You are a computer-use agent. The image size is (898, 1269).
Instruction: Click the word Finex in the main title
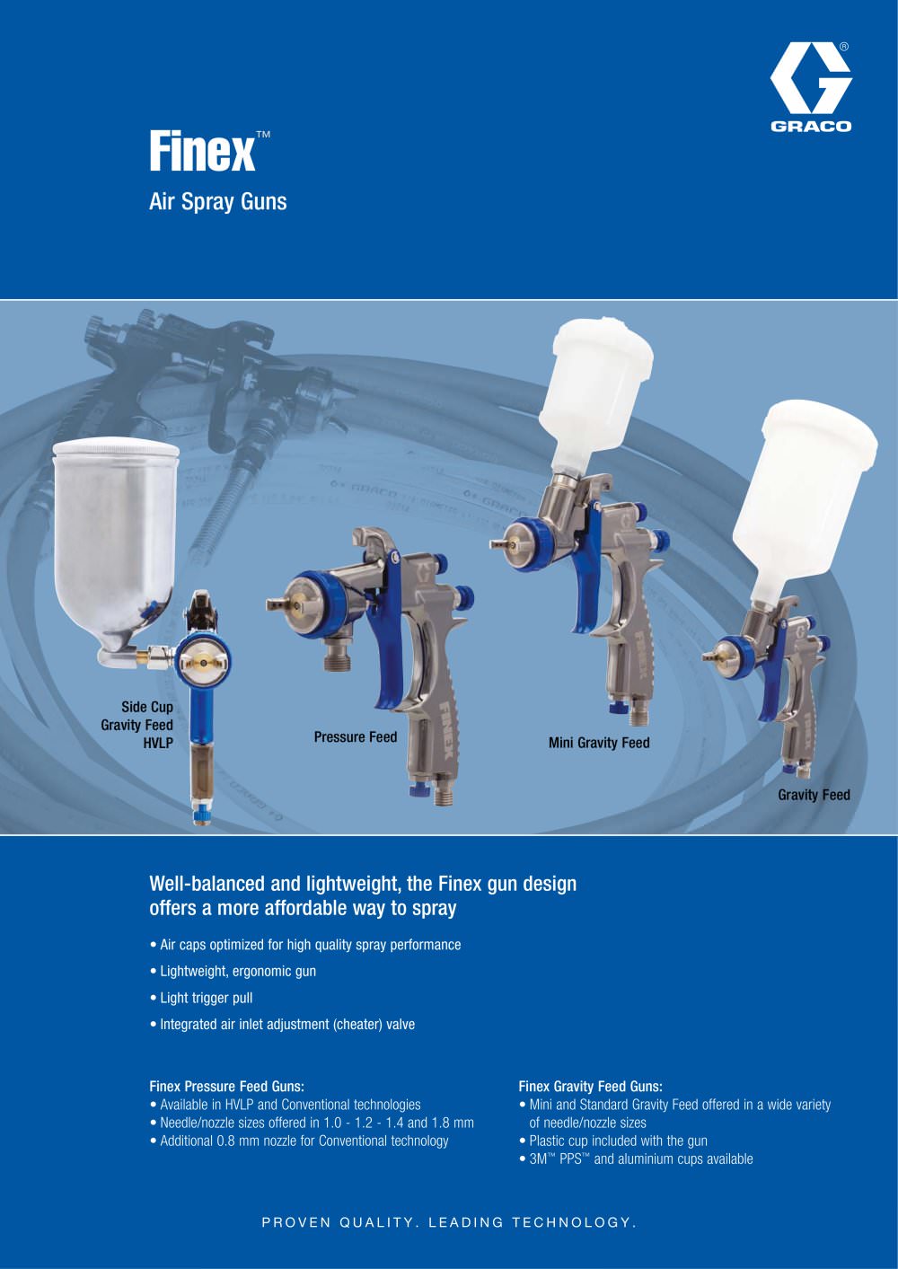pyautogui.click(x=202, y=151)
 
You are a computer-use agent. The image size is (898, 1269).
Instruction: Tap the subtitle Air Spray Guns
pyautogui.click(x=217, y=201)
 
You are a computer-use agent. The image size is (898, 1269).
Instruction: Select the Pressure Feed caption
pyautogui.click(x=355, y=737)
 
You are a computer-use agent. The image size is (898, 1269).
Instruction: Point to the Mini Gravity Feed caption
pyautogui.click(x=598, y=743)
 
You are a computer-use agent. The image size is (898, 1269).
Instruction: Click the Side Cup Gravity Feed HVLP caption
pyautogui.click(x=137, y=725)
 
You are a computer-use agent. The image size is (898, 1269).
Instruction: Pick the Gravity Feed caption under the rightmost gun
pyautogui.click(x=814, y=795)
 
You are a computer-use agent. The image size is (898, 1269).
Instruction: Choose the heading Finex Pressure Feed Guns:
pyautogui.click(x=226, y=1087)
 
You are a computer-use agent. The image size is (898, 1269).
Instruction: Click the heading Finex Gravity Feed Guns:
pyautogui.click(x=590, y=1087)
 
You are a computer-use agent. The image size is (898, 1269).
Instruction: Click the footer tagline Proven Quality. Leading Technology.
pyautogui.click(x=449, y=1222)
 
